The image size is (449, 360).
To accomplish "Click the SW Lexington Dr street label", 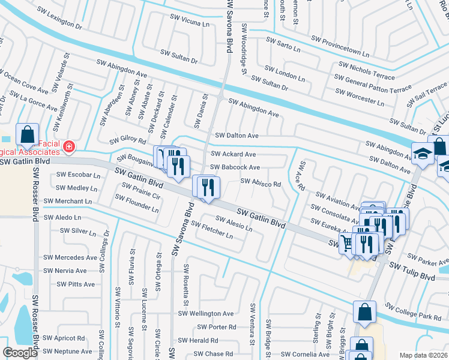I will [x=59, y=17].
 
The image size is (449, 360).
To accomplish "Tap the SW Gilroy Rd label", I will [x=127, y=140].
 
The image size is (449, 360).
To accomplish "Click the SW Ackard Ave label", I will [x=234, y=154].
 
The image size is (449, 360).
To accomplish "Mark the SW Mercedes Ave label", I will [x=69, y=257].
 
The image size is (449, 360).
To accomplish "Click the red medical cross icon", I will [x=70, y=146].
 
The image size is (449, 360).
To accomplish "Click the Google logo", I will [x=20, y=352].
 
